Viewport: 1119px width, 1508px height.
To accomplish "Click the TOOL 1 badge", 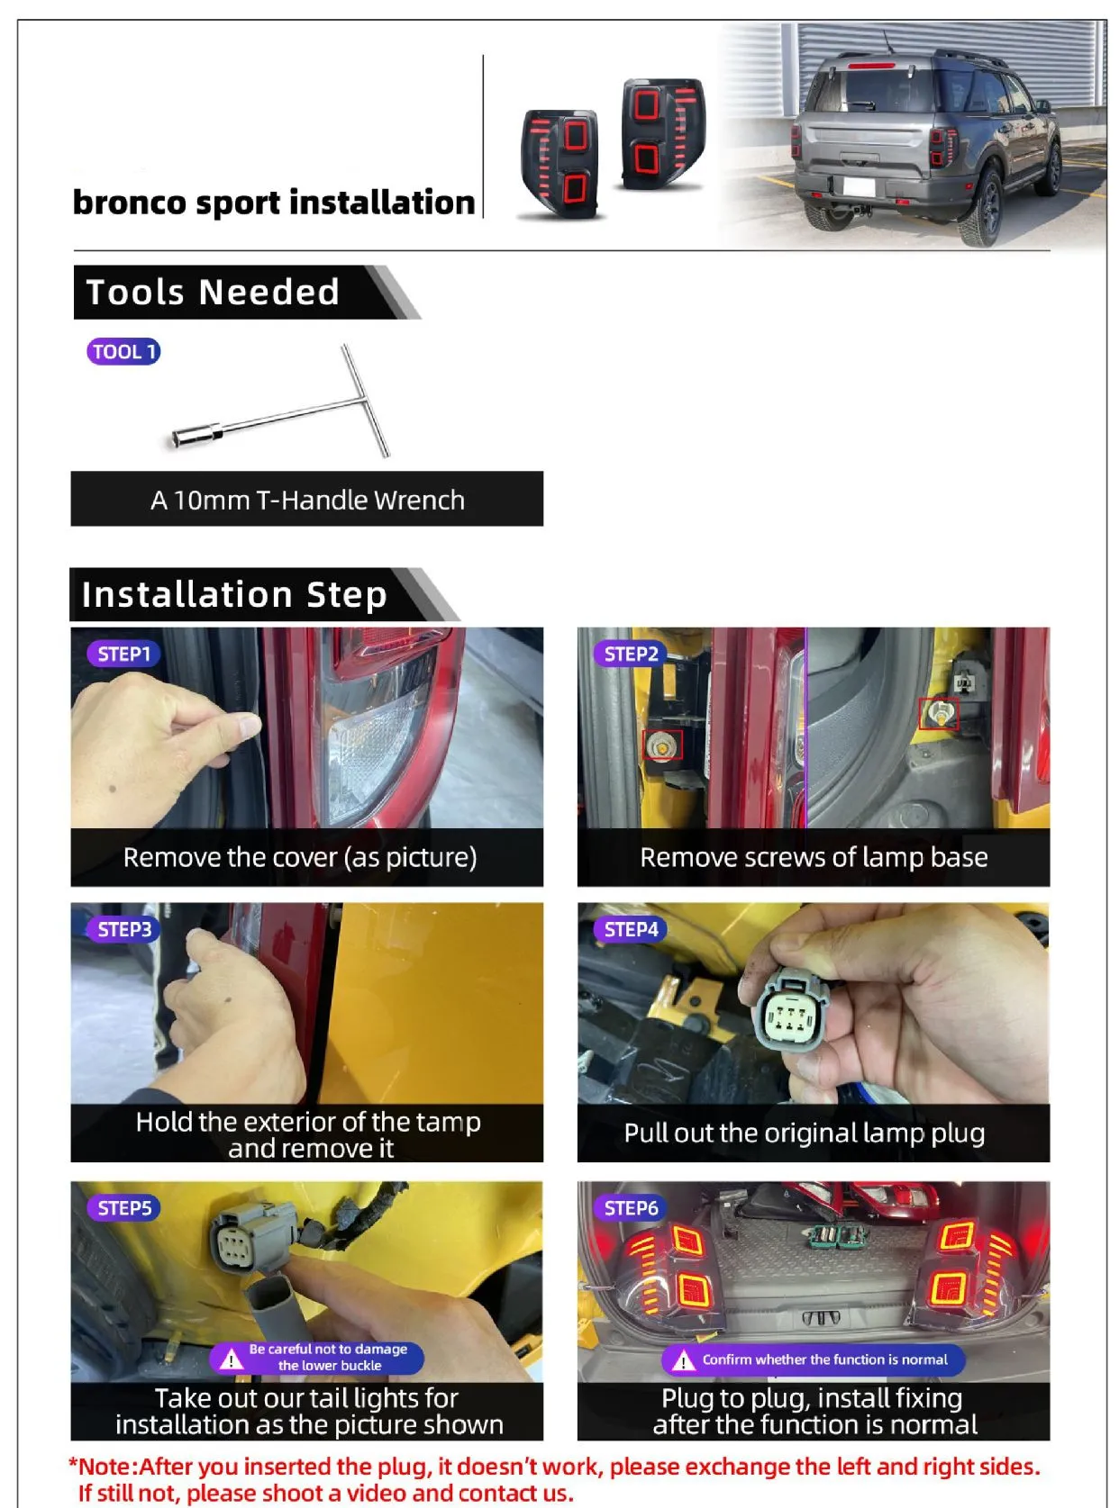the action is (x=123, y=351).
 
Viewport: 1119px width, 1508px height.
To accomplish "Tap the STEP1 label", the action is (x=123, y=654).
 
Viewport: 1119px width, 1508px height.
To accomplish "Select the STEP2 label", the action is (x=631, y=654).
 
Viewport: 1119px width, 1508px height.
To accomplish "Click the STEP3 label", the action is (x=123, y=929).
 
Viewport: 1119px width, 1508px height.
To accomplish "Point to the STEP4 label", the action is (x=631, y=929).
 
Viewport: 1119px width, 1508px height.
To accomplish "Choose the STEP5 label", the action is (x=123, y=1208).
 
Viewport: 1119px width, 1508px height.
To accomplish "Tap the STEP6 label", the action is (x=631, y=1208).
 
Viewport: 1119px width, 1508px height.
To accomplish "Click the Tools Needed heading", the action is (x=213, y=293).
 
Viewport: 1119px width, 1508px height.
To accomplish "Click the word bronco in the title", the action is (x=129, y=203).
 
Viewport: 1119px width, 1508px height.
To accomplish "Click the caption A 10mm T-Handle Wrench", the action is (x=307, y=501).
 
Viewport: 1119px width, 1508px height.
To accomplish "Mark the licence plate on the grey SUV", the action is (x=858, y=186).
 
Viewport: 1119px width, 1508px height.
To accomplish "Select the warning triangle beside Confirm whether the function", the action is (x=683, y=1360).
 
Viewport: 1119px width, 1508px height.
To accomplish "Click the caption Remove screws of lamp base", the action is (x=814, y=857).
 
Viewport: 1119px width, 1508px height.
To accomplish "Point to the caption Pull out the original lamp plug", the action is (x=804, y=1133).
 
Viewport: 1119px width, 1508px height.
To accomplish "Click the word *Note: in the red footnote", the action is (x=103, y=1466).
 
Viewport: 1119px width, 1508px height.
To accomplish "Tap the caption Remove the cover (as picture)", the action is (x=299, y=857).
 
